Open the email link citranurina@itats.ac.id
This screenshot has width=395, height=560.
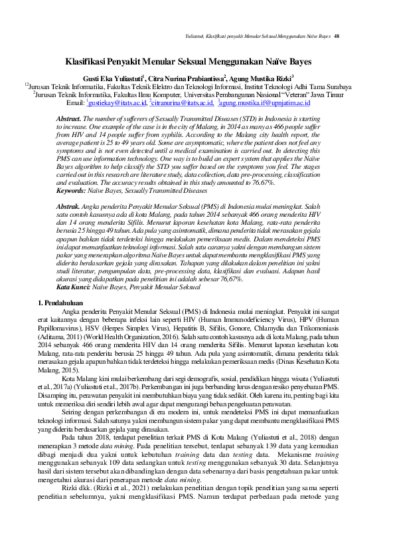(x=181, y=103)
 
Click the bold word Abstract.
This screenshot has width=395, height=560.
(x=68, y=118)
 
